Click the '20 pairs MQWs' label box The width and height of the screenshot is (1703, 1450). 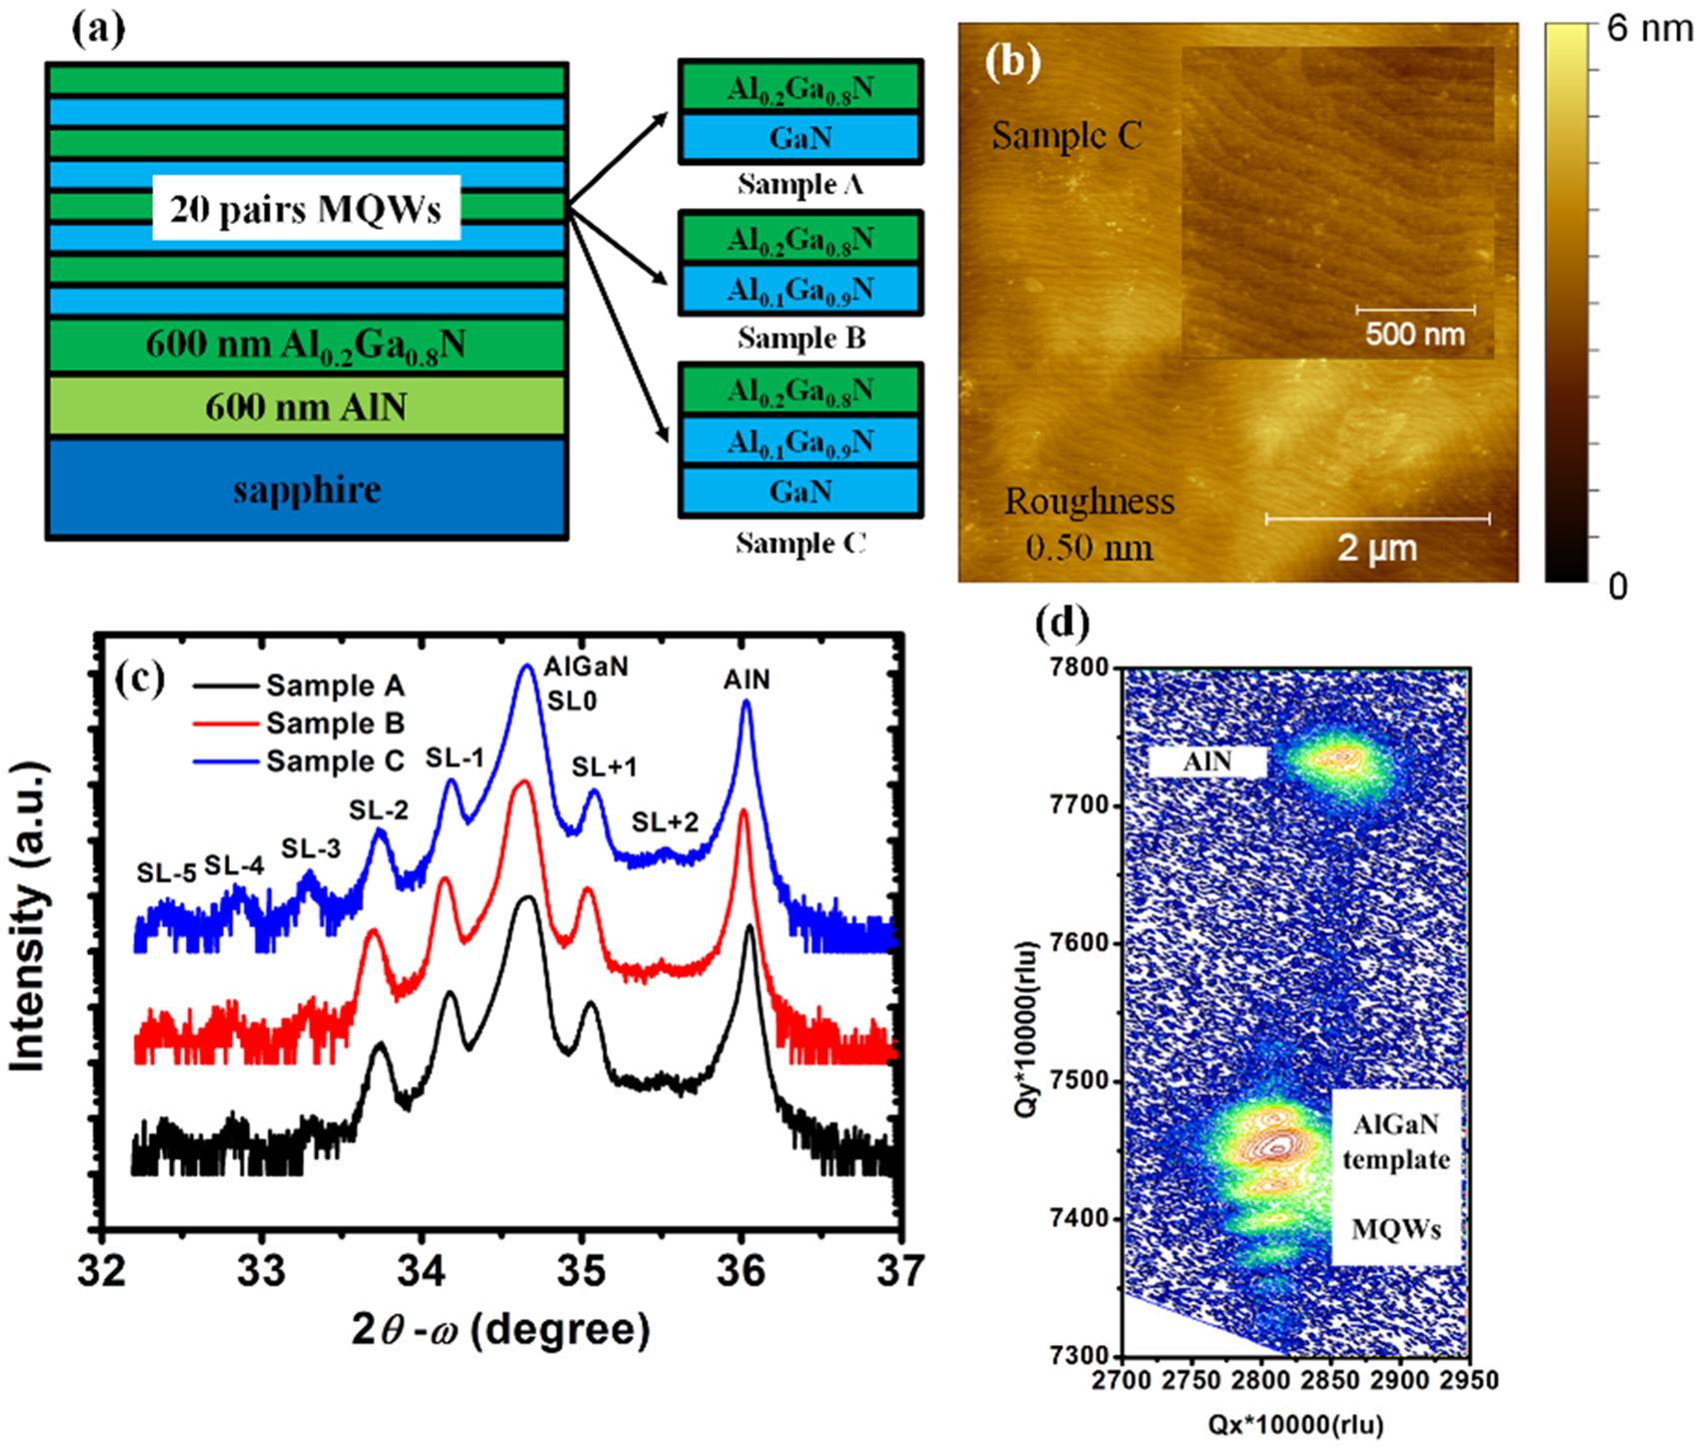(306, 209)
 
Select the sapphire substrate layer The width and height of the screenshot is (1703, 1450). (307, 490)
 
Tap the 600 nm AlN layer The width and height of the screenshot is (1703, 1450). (307, 407)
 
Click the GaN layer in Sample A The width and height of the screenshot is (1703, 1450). (801, 138)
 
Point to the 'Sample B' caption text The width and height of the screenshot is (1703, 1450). (802, 338)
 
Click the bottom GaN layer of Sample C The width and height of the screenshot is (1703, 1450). (801, 492)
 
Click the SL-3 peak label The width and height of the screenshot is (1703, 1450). (311, 849)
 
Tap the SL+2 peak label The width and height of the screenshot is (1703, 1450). (666, 822)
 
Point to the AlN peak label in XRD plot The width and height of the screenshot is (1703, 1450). (747, 680)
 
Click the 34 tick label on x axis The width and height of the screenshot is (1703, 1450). (421, 1271)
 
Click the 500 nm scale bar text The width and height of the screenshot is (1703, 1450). (1415, 334)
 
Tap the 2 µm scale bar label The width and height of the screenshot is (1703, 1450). (1377, 549)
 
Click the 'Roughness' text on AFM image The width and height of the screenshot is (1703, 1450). (1089, 502)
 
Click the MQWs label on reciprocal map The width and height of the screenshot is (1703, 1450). (1396, 1229)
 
